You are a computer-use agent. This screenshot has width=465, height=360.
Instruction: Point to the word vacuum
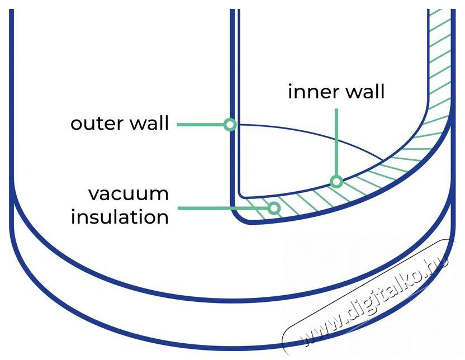coord(129,193)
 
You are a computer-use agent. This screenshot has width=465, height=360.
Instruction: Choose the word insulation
coord(120,216)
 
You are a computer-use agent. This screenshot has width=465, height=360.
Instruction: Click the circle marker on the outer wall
coord(229,125)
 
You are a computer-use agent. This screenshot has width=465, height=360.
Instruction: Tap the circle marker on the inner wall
coord(336,181)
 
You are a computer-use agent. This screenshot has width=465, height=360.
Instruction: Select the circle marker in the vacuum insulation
coord(274,209)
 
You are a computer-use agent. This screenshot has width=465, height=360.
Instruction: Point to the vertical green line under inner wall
coord(336,140)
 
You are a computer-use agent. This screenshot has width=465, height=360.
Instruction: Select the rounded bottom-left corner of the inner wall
coord(241,194)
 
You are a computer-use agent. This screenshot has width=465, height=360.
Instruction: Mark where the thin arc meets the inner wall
coord(383,160)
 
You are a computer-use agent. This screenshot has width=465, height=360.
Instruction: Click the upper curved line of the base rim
coord(224,297)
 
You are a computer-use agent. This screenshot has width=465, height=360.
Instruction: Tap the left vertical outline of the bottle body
coord(11,112)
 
